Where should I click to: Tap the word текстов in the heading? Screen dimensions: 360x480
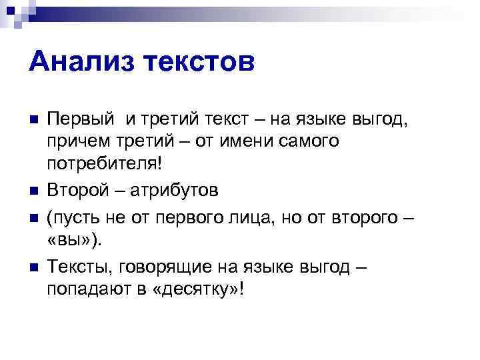pyautogui.click(x=201, y=63)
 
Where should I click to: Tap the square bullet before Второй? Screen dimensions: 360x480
pyautogui.click(x=35, y=191)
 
